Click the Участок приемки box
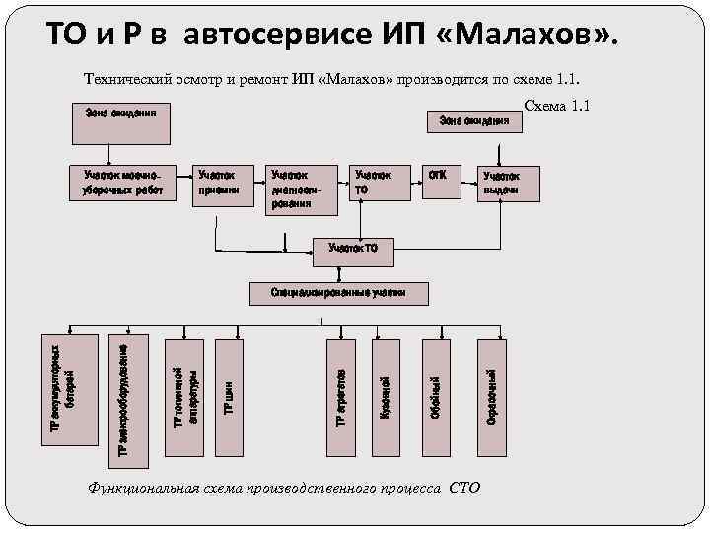click(x=221, y=183)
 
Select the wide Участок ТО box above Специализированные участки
click(x=352, y=249)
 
